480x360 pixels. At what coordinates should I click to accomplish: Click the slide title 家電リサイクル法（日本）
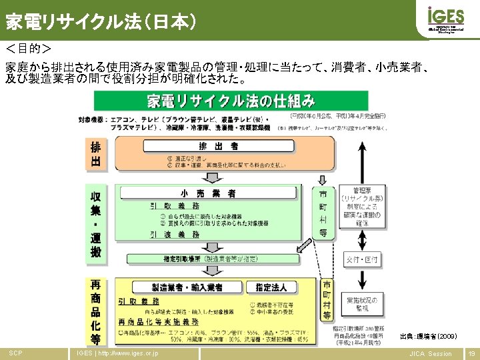coord(101,23)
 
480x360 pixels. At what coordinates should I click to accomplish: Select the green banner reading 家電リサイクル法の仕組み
coord(231,101)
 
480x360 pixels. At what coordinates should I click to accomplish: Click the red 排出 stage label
coord(97,155)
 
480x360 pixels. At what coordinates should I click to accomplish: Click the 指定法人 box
coord(271,287)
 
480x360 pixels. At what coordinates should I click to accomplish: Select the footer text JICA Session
coord(430,353)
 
